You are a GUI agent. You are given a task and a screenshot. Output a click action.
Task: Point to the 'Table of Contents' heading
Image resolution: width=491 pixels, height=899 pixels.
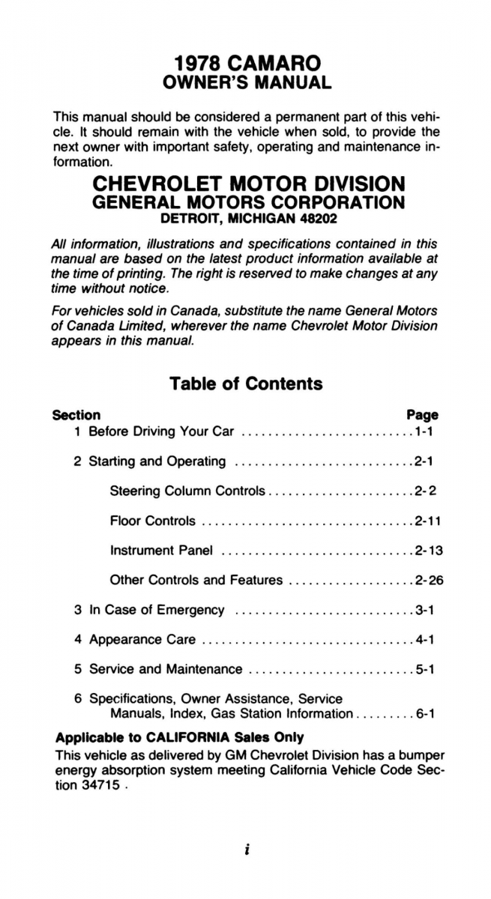point(246,384)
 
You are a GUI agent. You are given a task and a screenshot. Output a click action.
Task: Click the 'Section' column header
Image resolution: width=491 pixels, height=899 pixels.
point(76,414)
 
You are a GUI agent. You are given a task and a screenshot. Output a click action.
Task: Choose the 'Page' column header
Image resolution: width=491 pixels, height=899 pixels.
point(422,414)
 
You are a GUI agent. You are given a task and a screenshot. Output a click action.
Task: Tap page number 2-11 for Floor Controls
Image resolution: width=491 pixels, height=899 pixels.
point(427,521)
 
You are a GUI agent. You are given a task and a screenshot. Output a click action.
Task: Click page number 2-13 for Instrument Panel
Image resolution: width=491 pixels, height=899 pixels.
point(428,551)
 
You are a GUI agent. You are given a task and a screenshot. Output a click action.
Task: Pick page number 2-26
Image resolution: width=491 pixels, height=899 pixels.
point(428,580)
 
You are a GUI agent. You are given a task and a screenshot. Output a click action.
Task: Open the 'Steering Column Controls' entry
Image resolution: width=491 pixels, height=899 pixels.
point(187,491)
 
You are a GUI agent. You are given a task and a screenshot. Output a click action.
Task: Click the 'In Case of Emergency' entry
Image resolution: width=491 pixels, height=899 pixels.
point(157,610)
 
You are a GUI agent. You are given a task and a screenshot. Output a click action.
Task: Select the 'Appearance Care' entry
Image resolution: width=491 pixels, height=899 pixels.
point(142,640)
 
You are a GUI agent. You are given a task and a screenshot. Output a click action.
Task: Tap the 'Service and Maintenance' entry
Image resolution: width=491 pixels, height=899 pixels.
point(166,669)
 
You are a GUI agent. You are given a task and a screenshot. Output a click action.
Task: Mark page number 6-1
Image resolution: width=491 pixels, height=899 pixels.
point(424,714)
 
